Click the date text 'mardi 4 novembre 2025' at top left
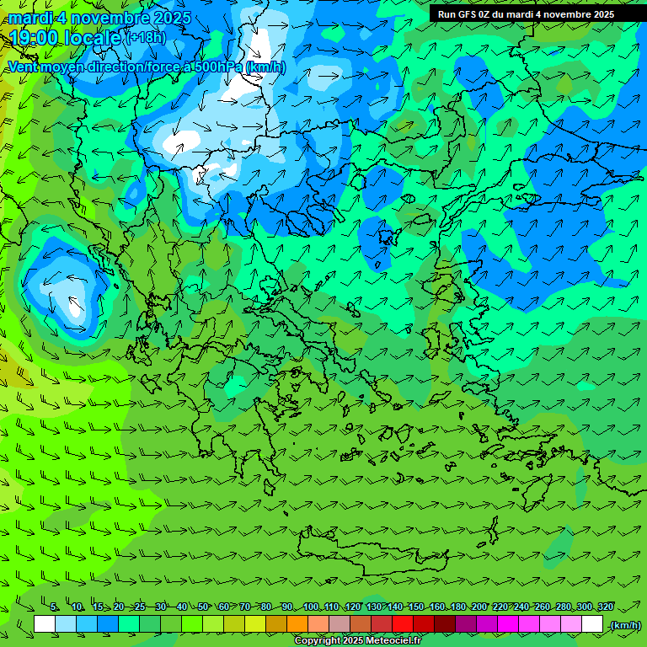(x=99, y=18)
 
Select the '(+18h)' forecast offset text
(x=146, y=38)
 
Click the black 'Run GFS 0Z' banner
(x=526, y=14)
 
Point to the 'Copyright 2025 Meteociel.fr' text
(x=357, y=640)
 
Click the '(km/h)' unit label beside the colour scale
(x=625, y=624)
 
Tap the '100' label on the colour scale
(x=311, y=607)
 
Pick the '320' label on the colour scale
(x=605, y=607)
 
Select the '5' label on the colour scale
(x=54, y=607)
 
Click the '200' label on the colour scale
(x=479, y=607)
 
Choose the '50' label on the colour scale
(x=202, y=607)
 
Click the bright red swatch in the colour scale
(x=403, y=624)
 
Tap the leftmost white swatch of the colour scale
(x=45, y=624)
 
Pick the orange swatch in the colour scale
(x=297, y=624)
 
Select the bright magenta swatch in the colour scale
(x=508, y=624)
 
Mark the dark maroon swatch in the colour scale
(x=445, y=624)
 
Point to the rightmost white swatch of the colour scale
(x=592, y=624)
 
